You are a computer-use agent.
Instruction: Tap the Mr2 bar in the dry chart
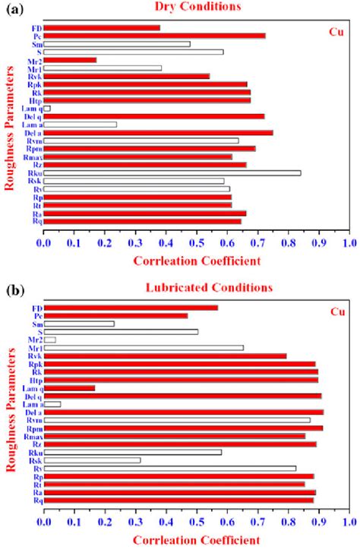(x=70, y=60)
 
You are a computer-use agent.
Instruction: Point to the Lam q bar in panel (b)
(x=69, y=388)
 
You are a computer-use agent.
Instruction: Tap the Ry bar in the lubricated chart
(x=169, y=469)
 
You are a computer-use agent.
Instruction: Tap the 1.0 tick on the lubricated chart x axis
(x=349, y=523)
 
